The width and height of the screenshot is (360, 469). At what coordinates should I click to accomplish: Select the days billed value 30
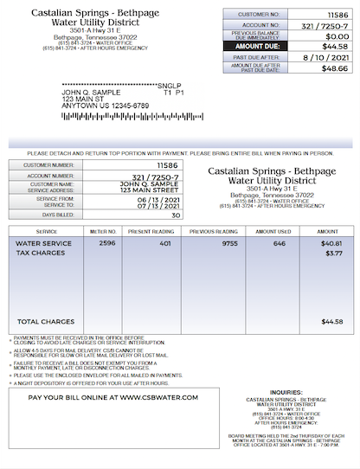[176, 215]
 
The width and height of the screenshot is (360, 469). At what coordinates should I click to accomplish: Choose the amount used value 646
[279, 243]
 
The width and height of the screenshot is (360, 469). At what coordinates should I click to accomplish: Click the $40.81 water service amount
[331, 243]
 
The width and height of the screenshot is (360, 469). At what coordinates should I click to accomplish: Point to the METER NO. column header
[103, 232]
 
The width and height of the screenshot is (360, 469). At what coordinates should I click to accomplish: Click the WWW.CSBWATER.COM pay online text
[158, 397]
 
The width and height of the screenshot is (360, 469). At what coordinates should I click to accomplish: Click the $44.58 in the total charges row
[331, 321]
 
